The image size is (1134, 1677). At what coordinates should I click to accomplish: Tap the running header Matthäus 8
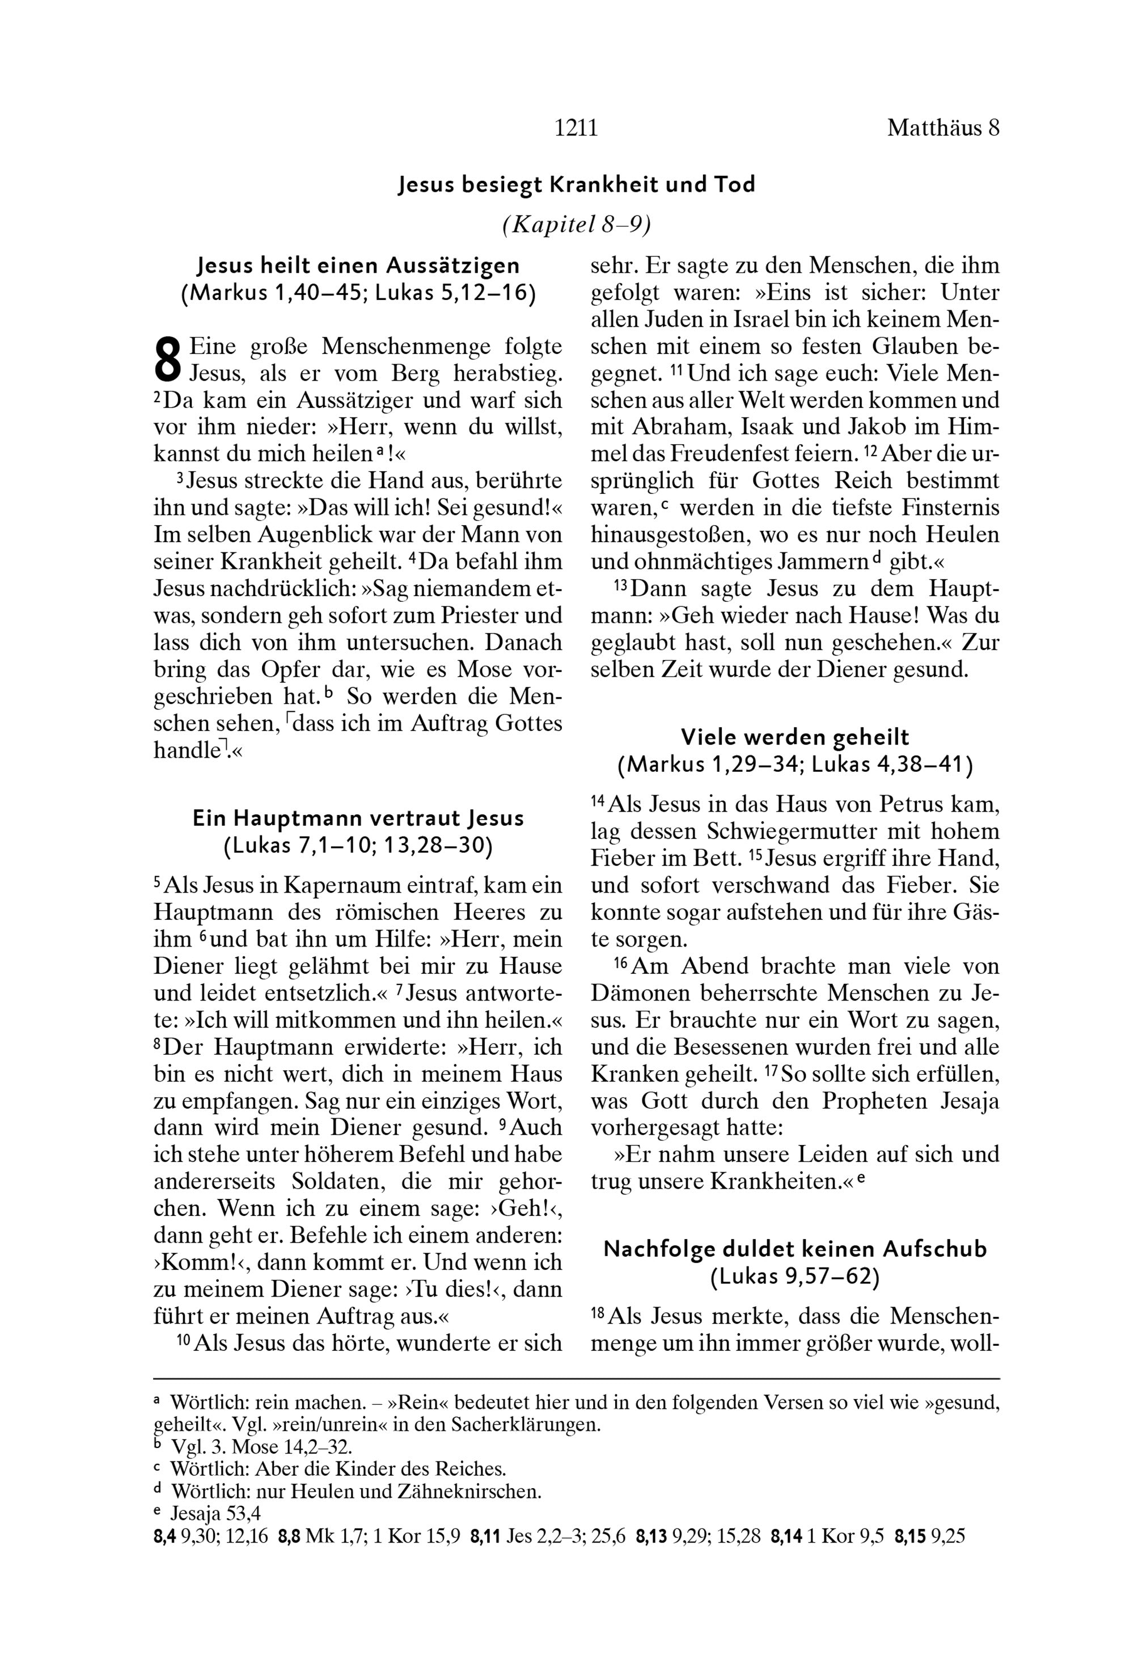coord(942,128)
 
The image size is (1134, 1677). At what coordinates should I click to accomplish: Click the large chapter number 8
coord(167,361)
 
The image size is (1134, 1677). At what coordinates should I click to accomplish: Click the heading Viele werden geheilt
coord(794,737)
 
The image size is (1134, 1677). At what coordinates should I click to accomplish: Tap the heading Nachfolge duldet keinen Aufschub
coord(794,1249)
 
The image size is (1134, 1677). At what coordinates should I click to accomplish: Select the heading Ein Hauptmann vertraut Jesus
coord(358,818)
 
